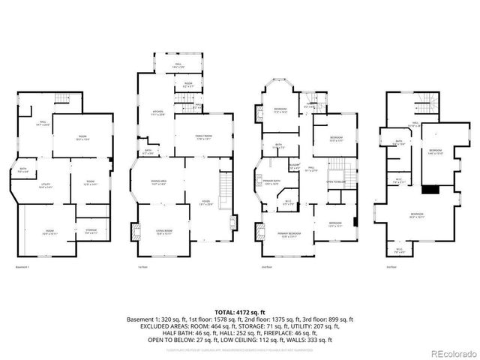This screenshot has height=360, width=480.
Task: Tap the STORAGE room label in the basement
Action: tap(91, 232)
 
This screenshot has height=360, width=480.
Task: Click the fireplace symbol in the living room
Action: tap(136, 233)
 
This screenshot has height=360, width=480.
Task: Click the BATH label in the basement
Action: tap(23, 169)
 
